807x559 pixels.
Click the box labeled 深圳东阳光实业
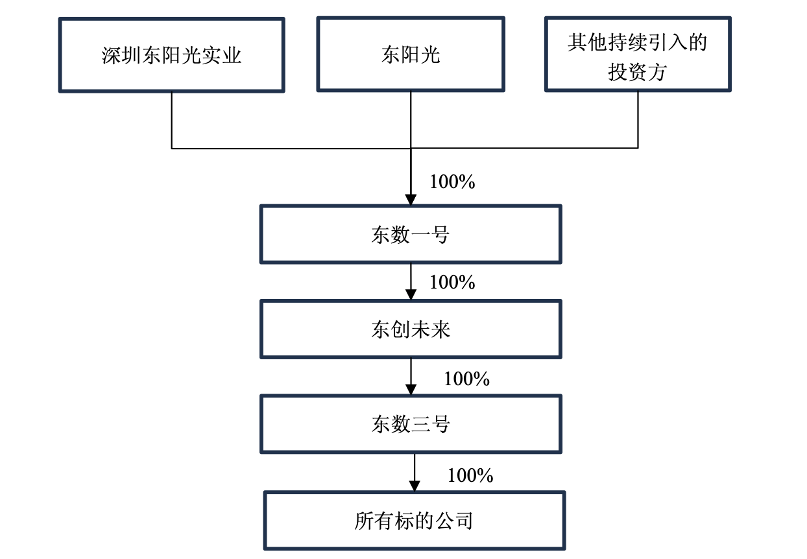point(171,54)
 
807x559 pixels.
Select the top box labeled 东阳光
point(410,54)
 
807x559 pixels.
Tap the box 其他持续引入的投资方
point(638,54)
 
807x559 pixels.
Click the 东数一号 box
point(411,234)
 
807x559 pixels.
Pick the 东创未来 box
point(411,329)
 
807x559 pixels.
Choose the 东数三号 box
point(411,425)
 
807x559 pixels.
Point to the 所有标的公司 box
point(414,521)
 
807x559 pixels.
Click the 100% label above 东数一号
point(452,182)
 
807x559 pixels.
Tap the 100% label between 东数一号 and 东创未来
point(452,283)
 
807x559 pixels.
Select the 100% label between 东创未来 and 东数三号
point(466,379)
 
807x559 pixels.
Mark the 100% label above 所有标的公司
point(470,476)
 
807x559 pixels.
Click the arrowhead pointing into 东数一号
point(411,200)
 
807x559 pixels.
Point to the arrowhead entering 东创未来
point(411,295)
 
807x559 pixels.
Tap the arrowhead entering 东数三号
point(411,390)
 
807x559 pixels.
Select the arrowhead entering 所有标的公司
point(415,486)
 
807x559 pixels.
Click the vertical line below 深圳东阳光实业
point(172,120)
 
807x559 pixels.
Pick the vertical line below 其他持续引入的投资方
point(638,120)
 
